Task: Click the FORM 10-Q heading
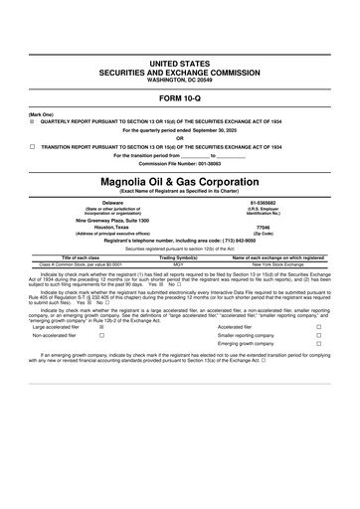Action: tap(180, 98)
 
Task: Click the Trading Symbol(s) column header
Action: tap(180, 257)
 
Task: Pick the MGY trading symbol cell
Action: tap(180, 263)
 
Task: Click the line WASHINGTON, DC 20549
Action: tap(180, 79)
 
